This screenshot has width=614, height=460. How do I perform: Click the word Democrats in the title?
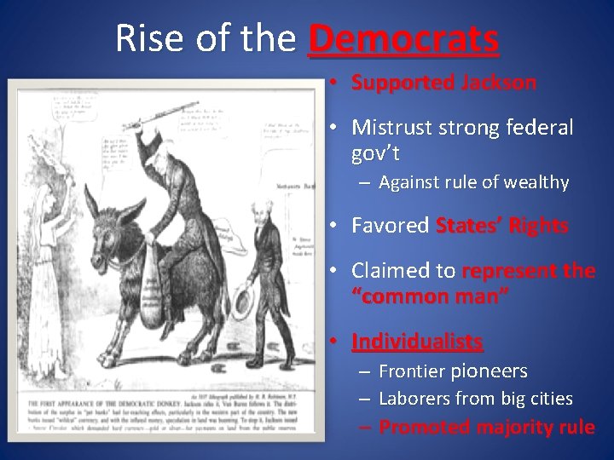click(403, 39)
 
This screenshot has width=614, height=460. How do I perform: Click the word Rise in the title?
click(144, 39)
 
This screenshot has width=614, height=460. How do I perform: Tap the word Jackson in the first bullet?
click(498, 83)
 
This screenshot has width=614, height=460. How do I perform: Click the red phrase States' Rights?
click(501, 226)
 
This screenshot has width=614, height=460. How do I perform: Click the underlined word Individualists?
click(417, 342)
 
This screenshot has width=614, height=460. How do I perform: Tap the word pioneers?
click(489, 371)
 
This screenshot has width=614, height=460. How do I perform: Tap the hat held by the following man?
click(244, 302)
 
